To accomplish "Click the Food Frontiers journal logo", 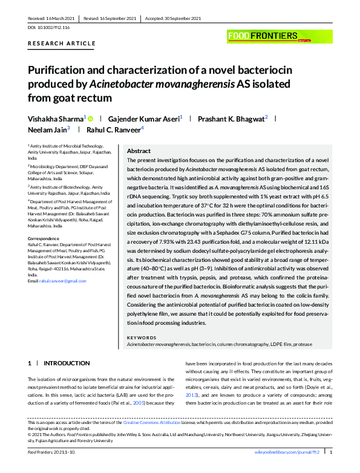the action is coord(263,36).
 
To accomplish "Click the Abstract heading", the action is coord(139,151).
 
